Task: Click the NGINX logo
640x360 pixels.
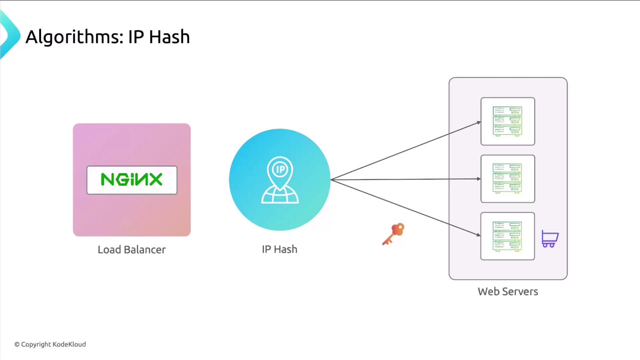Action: coord(132,180)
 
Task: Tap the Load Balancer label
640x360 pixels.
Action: coord(132,250)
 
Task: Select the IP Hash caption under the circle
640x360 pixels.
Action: coord(279,249)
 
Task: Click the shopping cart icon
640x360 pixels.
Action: coord(550,239)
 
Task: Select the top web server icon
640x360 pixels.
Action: coord(507,121)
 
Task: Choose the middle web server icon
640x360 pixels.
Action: coord(507,179)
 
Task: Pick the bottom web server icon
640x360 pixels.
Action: coord(507,236)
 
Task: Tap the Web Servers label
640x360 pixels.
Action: coord(508,292)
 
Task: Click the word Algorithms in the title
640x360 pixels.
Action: coord(74,37)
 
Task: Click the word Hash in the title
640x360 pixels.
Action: coord(169,37)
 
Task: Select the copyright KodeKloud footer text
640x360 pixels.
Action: coord(50,344)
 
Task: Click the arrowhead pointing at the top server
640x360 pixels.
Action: coord(479,123)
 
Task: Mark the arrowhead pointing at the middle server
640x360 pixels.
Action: coord(479,179)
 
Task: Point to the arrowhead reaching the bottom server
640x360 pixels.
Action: coord(479,235)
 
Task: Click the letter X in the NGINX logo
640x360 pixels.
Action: coord(155,179)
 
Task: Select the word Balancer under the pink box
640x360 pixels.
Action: coord(145,250)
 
